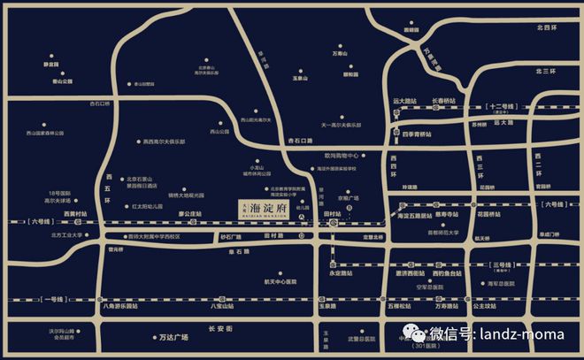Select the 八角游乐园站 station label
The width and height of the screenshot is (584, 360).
(119, 305)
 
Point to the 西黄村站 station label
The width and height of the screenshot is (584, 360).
(80, 214)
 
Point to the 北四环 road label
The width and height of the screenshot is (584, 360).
(545, 28)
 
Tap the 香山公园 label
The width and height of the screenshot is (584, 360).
(61, 81)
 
